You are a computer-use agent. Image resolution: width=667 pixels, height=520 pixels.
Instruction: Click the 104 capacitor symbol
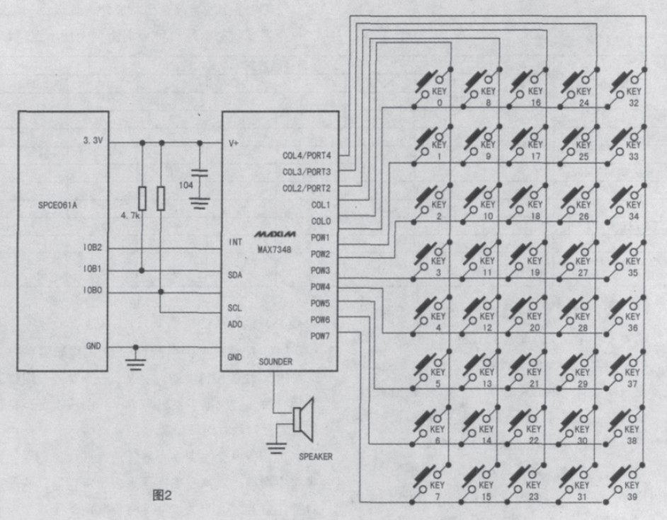coord(200,174)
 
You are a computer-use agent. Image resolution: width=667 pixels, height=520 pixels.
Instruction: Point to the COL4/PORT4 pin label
coord(307,154)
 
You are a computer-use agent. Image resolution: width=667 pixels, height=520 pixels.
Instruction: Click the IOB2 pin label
coord(92,248)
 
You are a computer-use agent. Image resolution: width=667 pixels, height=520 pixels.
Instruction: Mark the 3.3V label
coord(93,141)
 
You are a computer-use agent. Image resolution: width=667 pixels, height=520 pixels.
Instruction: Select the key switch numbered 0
coord(432,88)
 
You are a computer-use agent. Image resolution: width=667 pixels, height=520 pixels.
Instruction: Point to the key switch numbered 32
coord(627,88)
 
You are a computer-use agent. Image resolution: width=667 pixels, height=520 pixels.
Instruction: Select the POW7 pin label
coord(321,336)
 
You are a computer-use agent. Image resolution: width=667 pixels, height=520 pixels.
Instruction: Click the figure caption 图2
coord(162,495)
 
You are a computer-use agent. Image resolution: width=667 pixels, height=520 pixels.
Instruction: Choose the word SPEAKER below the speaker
coord(314,456)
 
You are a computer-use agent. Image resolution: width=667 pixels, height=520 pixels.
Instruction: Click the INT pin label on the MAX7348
coord(236,242)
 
